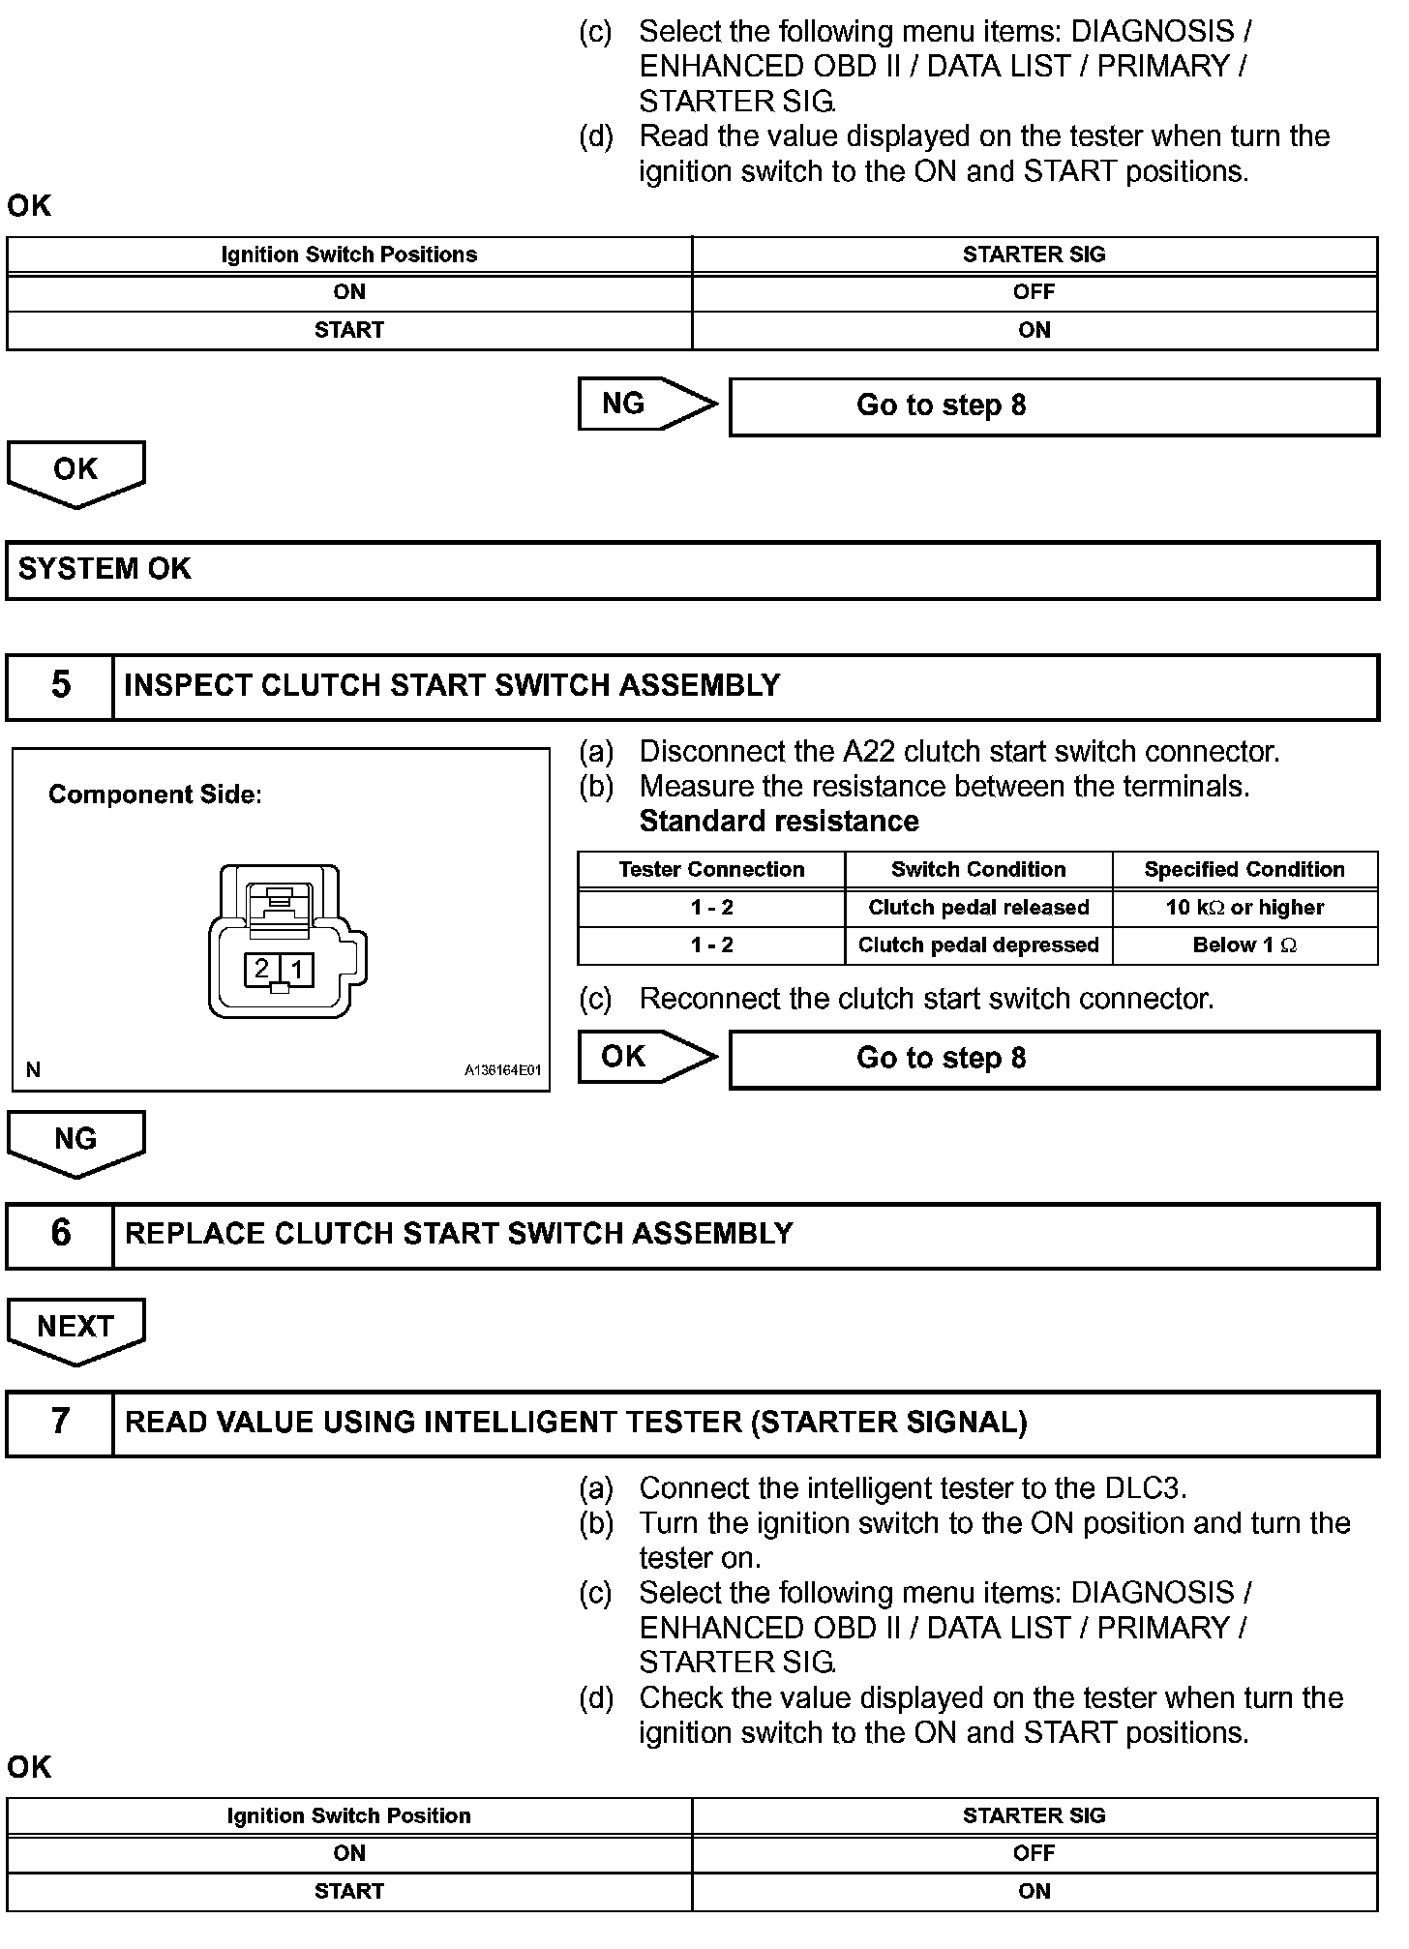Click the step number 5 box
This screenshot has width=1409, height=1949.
coord(60,686)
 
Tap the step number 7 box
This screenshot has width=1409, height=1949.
coord(60,1423)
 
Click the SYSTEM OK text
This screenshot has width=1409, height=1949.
coord(105,569)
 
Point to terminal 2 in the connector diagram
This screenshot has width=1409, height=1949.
coord(261,969)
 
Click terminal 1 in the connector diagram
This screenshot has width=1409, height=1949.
coord(297,969)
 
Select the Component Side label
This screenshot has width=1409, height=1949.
coord(155,795)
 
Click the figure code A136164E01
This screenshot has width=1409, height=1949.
coord(502,1071)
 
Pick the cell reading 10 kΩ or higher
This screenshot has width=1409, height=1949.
coord(1244,908)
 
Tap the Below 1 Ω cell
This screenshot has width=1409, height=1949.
coord(1244,945)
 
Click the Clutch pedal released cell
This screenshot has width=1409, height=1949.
coord(978,908)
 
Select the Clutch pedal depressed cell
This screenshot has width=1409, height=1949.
coord(978,945)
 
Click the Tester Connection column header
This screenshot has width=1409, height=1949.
coord(711,870)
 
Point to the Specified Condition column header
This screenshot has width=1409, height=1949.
coord(1244,870)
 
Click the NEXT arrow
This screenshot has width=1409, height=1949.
coord(75,1328)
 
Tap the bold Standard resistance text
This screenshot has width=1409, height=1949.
coord(779,822)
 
